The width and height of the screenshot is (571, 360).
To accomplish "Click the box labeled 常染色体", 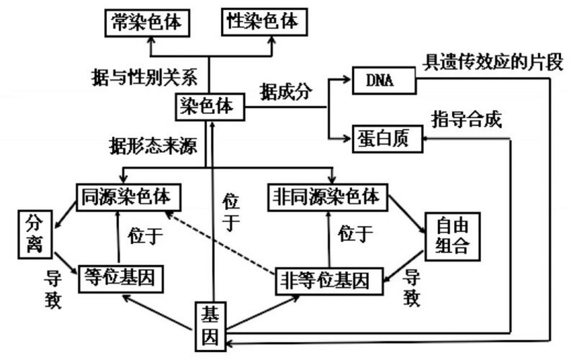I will click(x=147, y=23).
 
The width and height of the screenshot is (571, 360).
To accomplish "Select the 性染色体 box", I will click(x=264, y=22).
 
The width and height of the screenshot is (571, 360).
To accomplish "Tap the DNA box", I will click(x=384, y=80).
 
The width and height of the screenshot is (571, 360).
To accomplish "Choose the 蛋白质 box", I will click(x=387, y=139).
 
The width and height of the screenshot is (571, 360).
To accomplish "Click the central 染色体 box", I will click(x=210, y=107).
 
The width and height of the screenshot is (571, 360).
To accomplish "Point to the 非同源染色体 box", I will click(x=328, y=197).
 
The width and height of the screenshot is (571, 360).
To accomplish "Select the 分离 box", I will click(x=35, y=234).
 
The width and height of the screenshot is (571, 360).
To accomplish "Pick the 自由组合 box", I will click(x=452, y=237).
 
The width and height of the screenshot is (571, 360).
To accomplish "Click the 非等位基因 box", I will click(x=329, y=281).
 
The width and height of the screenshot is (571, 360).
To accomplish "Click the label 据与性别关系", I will click(x=144, y=77).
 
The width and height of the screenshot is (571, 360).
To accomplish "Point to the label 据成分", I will click(x=286, y=91).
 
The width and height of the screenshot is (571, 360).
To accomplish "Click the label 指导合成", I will click(x=467, y=119).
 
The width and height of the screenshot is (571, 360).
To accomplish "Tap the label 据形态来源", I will click(x=153, y=146).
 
